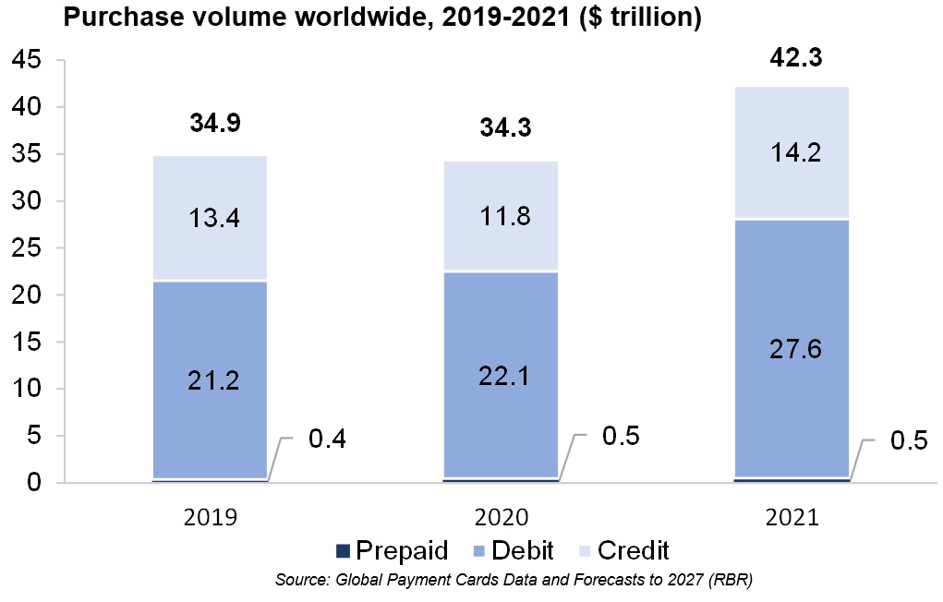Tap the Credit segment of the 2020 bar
click(x=501, y=216)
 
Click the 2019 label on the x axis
click(x=210, y=518)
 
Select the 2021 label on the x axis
click(x=792, y=518)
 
